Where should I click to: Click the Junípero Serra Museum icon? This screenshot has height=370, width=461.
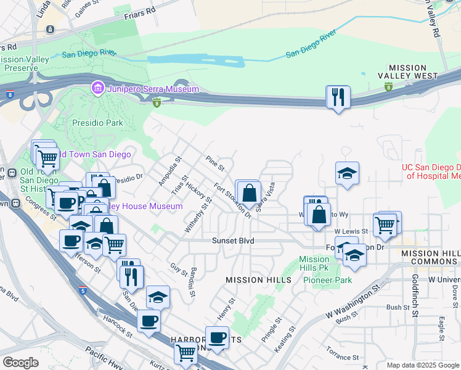97,89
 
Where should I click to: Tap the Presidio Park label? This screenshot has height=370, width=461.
96,123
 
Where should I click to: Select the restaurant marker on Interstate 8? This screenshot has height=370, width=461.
338,97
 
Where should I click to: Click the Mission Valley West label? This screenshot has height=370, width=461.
407,72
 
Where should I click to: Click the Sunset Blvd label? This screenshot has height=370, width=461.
233,240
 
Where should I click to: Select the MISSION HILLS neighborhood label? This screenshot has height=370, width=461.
258,280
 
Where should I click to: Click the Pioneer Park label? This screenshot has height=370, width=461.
327,280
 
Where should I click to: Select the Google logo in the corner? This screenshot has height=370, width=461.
20,363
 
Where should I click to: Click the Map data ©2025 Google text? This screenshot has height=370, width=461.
423,365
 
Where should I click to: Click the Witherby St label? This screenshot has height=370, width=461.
198,215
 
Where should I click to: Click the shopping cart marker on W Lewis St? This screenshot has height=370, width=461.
386,226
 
